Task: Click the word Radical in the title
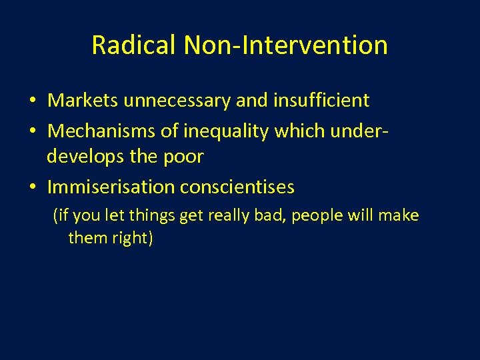(x=134, y=45)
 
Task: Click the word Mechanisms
(x=101, y=132)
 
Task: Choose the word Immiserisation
(x=111, y=187)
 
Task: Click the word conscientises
(x=237, y=187)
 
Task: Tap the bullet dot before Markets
(x=31, y=101)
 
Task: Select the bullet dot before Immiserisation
(x=31, y=188)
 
